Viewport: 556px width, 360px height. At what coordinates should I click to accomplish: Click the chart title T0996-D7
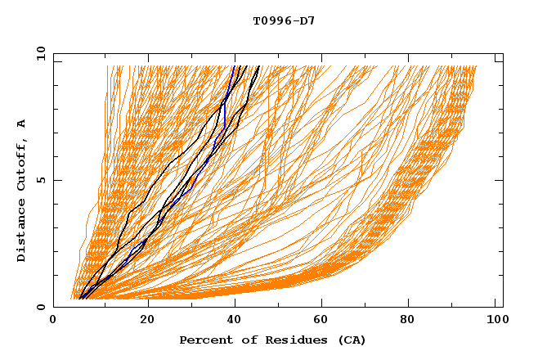(284, 20)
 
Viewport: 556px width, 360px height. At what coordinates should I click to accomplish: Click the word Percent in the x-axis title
(203, 340)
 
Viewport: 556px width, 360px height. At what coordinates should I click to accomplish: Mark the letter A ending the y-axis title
(22, 123)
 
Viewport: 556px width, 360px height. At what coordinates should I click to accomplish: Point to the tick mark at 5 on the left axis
(56, 180)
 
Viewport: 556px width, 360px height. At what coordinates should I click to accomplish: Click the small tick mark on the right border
(498, 61)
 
